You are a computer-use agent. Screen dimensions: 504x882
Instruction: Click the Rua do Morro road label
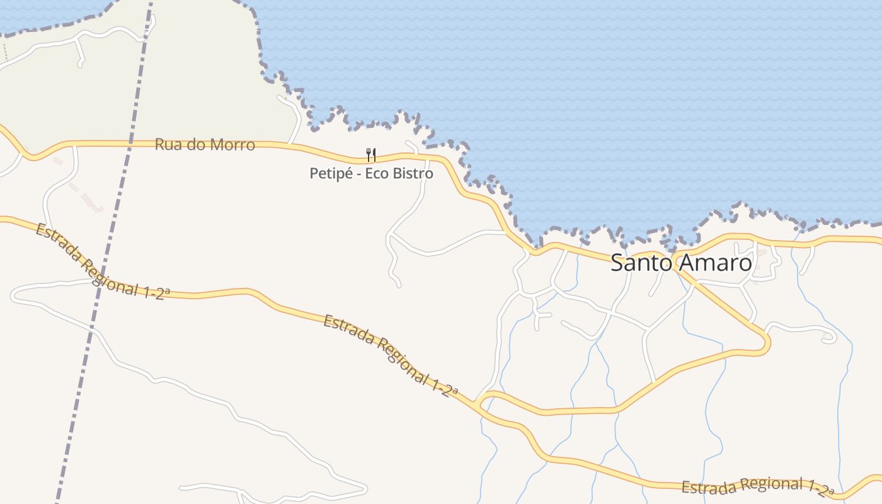(x=205, y=144)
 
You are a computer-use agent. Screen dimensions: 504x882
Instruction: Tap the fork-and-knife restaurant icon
(x=371, y=154)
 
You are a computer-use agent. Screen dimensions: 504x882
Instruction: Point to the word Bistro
(x=413, y=173)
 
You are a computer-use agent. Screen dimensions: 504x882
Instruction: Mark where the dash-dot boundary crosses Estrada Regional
(x=101, y=282)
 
